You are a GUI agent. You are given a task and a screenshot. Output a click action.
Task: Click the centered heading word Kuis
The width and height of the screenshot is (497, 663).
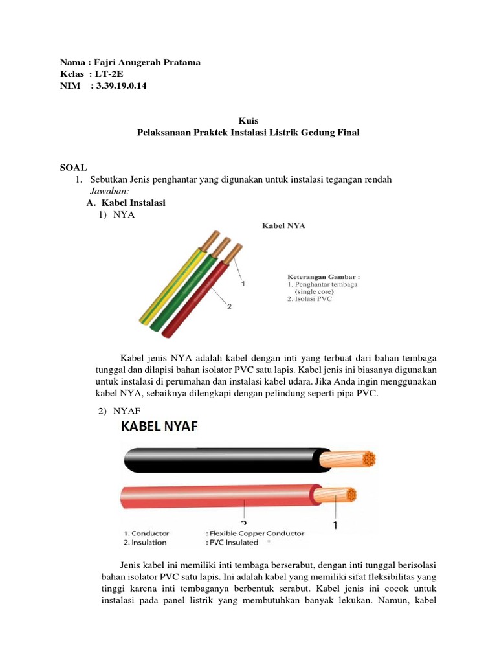(x=248, y=120)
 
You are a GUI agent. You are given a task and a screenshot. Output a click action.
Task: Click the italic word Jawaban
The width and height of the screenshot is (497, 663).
(x=109, y=191)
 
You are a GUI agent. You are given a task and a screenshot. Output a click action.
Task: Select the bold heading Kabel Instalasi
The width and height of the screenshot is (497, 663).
(x=132, y=203)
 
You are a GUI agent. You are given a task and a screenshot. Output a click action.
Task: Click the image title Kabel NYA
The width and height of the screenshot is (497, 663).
(x=283, y=226)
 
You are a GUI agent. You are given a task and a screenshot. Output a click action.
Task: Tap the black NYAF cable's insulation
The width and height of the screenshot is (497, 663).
(x=220, y=460)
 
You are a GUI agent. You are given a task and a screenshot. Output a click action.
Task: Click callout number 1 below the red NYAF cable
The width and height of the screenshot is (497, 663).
(x=335, y=526)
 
